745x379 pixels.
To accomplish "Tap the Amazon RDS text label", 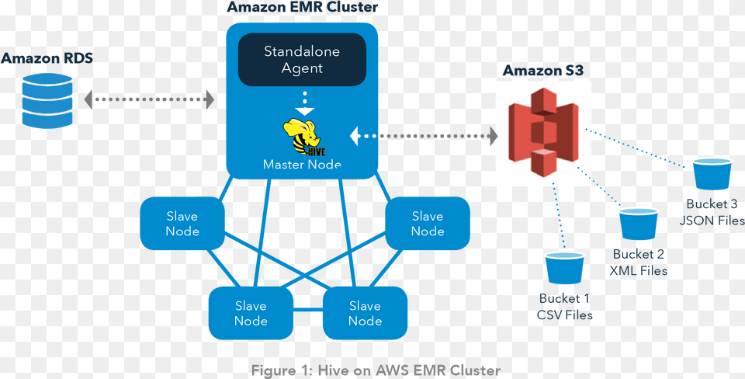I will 47,58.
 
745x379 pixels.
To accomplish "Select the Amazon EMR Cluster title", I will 302,8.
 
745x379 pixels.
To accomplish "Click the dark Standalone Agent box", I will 302,60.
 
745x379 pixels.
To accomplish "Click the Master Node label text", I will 302,164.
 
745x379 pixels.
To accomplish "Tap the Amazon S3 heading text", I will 543,71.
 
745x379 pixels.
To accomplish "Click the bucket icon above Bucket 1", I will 564,269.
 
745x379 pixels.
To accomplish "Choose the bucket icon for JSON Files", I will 712,174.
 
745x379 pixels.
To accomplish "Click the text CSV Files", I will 565,315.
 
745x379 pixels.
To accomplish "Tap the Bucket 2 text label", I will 639,255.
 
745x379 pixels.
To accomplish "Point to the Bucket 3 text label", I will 712,204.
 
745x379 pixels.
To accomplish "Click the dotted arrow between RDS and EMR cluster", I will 149,99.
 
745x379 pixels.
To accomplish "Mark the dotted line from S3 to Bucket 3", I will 638,148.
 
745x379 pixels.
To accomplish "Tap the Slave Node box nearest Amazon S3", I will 428,223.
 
